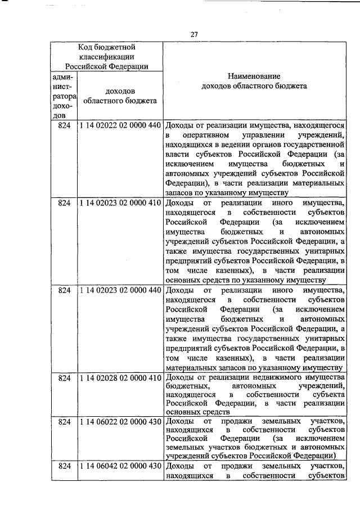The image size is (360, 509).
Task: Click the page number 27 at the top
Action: click(193, 34)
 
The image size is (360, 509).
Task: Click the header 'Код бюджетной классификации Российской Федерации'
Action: click(106, 56)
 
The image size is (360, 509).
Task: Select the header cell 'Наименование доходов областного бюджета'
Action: click(254, 82)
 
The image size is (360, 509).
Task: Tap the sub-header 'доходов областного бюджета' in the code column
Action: click(120, 96)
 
